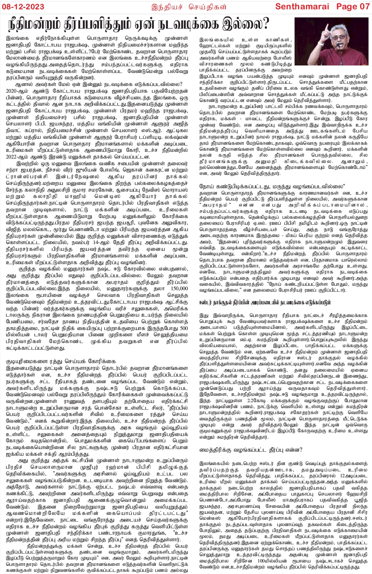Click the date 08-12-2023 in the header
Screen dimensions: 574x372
pyautogui.click(x=23, y=6)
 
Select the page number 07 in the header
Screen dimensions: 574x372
pyautogui.click(x=362, y=6)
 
